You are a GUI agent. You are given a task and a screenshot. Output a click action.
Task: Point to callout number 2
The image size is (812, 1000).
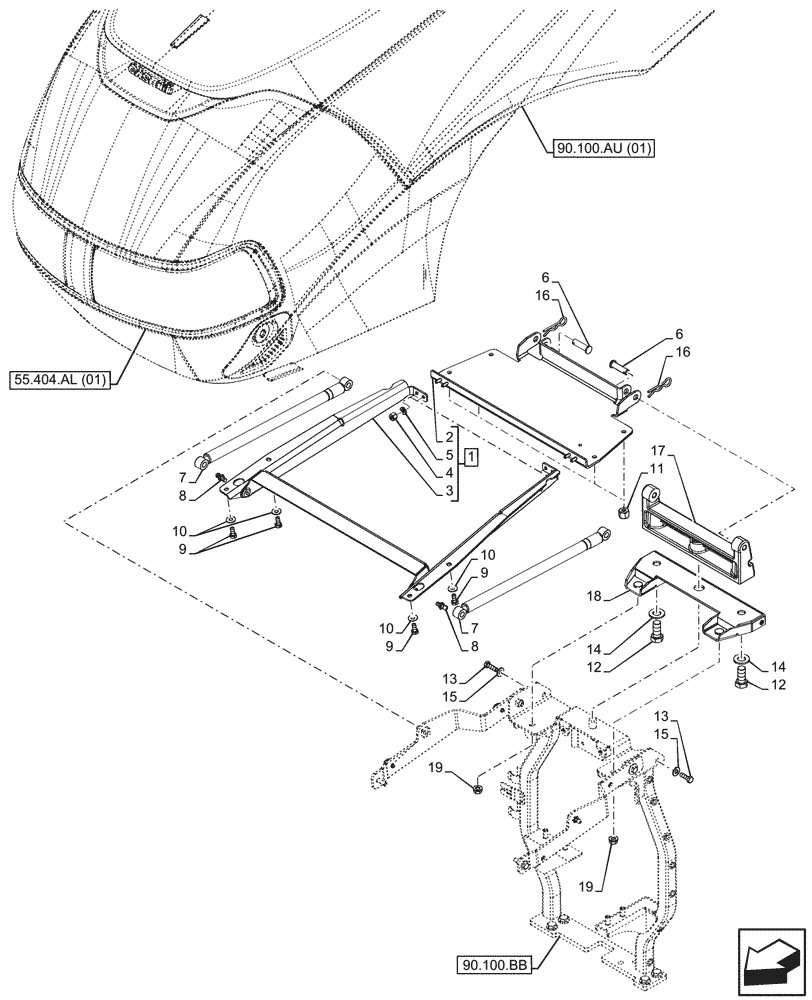pyautogui.click(x=451, y=437)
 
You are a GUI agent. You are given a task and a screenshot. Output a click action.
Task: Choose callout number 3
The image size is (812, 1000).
pyautogui.click(x=451, y=490)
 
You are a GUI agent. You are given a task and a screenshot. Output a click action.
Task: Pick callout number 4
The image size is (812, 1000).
pyautogui.click(x=451, y=472)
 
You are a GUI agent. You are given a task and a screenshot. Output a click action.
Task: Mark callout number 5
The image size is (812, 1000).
pyautogui.click(x=451, y=455)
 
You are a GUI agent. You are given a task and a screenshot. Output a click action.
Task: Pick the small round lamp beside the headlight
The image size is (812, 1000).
pyautogui.click(x=265, y=336)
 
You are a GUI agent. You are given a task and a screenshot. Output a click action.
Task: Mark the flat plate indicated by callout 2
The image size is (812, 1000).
pyautogui.click(x=530, y=400)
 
